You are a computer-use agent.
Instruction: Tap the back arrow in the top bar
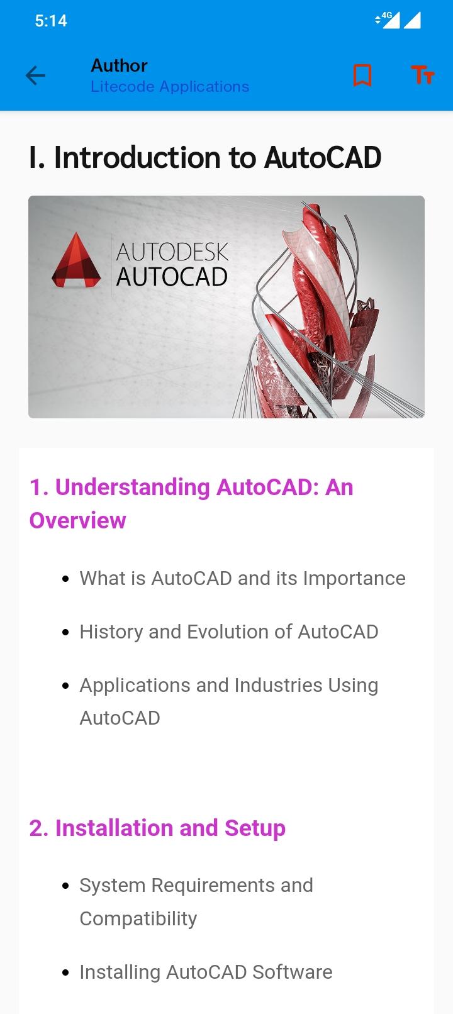35,75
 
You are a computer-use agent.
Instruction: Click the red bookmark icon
362,75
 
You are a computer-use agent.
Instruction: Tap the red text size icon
423,75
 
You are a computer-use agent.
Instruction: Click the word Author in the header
119,65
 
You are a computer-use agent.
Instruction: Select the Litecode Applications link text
170,86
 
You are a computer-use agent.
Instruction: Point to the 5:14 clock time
51,21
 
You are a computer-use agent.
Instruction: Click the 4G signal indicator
388,20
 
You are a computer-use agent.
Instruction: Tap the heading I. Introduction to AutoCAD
204,157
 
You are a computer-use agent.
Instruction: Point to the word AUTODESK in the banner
172,252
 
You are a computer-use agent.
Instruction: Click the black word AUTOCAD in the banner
172,277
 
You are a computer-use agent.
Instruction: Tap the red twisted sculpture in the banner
322,313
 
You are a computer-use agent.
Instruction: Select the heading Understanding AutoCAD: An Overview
191,503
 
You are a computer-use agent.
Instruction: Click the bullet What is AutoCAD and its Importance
242,578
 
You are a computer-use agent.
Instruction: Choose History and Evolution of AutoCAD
229,632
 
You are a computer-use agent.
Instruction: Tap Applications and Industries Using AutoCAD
229,701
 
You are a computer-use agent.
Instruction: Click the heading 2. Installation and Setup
157,828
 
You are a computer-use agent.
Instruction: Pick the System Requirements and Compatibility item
196,902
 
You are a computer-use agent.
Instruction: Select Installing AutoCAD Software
206,972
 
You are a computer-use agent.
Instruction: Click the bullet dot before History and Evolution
65,632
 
